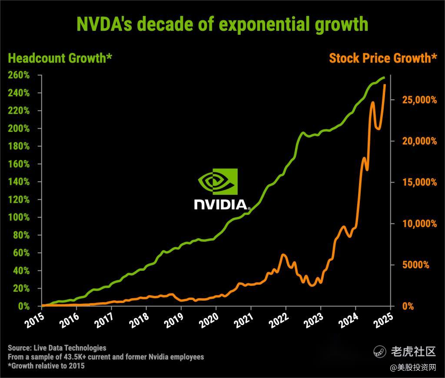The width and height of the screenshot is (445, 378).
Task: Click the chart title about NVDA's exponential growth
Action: coord(222,24)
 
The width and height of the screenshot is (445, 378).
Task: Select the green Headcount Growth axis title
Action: coord(60,58)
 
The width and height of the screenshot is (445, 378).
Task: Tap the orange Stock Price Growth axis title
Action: coord(383,58)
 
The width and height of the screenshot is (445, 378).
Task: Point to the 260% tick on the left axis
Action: coord(19,75)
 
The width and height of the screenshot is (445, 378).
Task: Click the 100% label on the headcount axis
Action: coord(19,217)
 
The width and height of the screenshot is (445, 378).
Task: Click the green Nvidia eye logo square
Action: coord(218,181)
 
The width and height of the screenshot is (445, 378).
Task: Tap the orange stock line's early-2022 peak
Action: coord(283,255)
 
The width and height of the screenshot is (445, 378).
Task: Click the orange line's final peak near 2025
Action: coord(385,85)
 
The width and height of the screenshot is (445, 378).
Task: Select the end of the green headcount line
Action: coord(384,78)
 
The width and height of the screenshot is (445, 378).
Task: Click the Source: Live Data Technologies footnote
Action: coord(57,348)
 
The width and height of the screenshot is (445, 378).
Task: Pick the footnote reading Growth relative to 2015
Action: coord(46,366)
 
